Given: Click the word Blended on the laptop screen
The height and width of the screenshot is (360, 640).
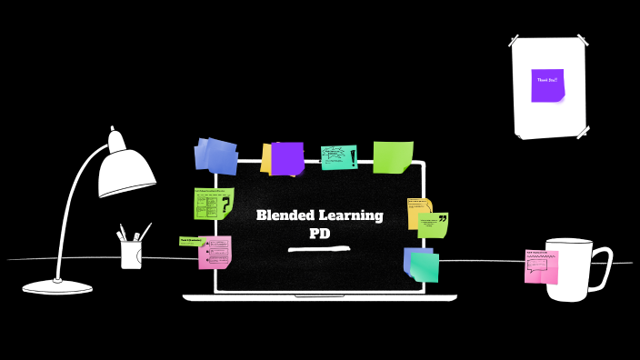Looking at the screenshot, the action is pyautogui.click(x=283, y=215).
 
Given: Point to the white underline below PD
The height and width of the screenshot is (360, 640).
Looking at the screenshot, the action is pyautogui.click(x=319, y=247).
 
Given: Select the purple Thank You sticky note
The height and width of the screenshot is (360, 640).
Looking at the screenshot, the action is pyautogui.click(x=547, y=85).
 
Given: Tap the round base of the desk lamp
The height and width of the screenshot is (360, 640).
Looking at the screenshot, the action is pyautogui.click(x=57, y=286).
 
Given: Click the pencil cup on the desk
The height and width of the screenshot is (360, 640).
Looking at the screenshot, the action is pyautogui.click(x=132, y=254).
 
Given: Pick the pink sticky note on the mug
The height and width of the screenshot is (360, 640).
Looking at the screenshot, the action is pyautogui.click(x=541, y=267).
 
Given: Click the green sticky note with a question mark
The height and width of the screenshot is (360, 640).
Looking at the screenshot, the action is pyautogui.click(x=214, y=204).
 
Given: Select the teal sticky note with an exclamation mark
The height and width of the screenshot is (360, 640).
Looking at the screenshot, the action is pyautogui.click(x=338, y=157).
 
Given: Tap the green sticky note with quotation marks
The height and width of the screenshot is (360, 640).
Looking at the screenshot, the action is pyautogui.click(x=434, y=225).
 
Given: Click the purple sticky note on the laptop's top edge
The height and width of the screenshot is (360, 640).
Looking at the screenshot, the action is pyautogui.click(x=287, y=158).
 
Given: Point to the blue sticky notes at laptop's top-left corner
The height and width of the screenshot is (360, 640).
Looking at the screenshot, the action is pyautogui.click(x=216, y=155).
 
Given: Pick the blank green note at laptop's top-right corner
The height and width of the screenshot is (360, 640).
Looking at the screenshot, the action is pyautogui.click(x=393, y=156).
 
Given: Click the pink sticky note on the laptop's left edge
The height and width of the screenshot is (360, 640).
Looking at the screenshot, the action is pyautogui.click(x=215, y=252).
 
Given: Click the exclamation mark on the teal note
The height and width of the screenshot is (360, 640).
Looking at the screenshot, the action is pyautogui.click(x=353, y=157).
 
